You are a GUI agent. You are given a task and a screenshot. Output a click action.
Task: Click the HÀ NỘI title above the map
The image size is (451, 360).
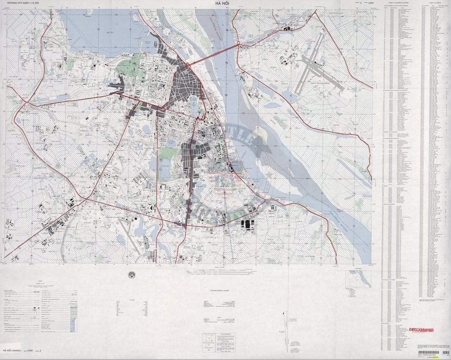pyautogui.click(x=225, y=4)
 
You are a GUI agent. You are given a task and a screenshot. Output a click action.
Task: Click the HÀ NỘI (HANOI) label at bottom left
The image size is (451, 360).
pyautogui.click(x=13, y=351)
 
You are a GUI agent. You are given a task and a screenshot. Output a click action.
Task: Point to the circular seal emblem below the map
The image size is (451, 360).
pyautogui.click(x=131, y=275)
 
